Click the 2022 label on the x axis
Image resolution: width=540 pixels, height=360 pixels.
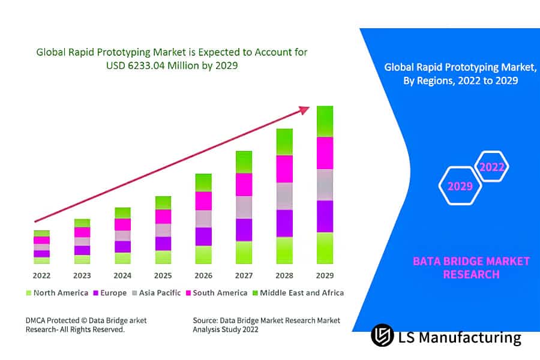click(x=41, y=275)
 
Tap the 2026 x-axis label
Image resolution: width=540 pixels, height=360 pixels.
click(x=203, y=275)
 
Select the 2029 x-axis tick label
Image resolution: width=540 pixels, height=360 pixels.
click(x=325, y=275)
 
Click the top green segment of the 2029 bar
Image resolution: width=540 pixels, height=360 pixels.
click(x=325, y=121)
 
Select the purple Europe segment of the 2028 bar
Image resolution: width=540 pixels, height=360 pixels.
click(x=284, y=223)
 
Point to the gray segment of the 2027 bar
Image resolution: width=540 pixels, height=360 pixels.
click(x=244, y=207)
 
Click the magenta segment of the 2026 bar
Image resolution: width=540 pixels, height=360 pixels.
click(x=203, y=200)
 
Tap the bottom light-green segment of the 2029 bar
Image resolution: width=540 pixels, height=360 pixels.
click(x=325, y=248)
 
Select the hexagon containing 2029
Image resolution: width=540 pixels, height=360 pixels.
click(x=461, y=186)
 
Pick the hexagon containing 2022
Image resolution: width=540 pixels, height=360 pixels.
click(x=492, y=167)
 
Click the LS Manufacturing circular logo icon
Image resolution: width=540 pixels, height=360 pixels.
click(x=382, y=335)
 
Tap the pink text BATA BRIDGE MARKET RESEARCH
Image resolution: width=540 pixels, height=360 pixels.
click(x=471, y=268)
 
